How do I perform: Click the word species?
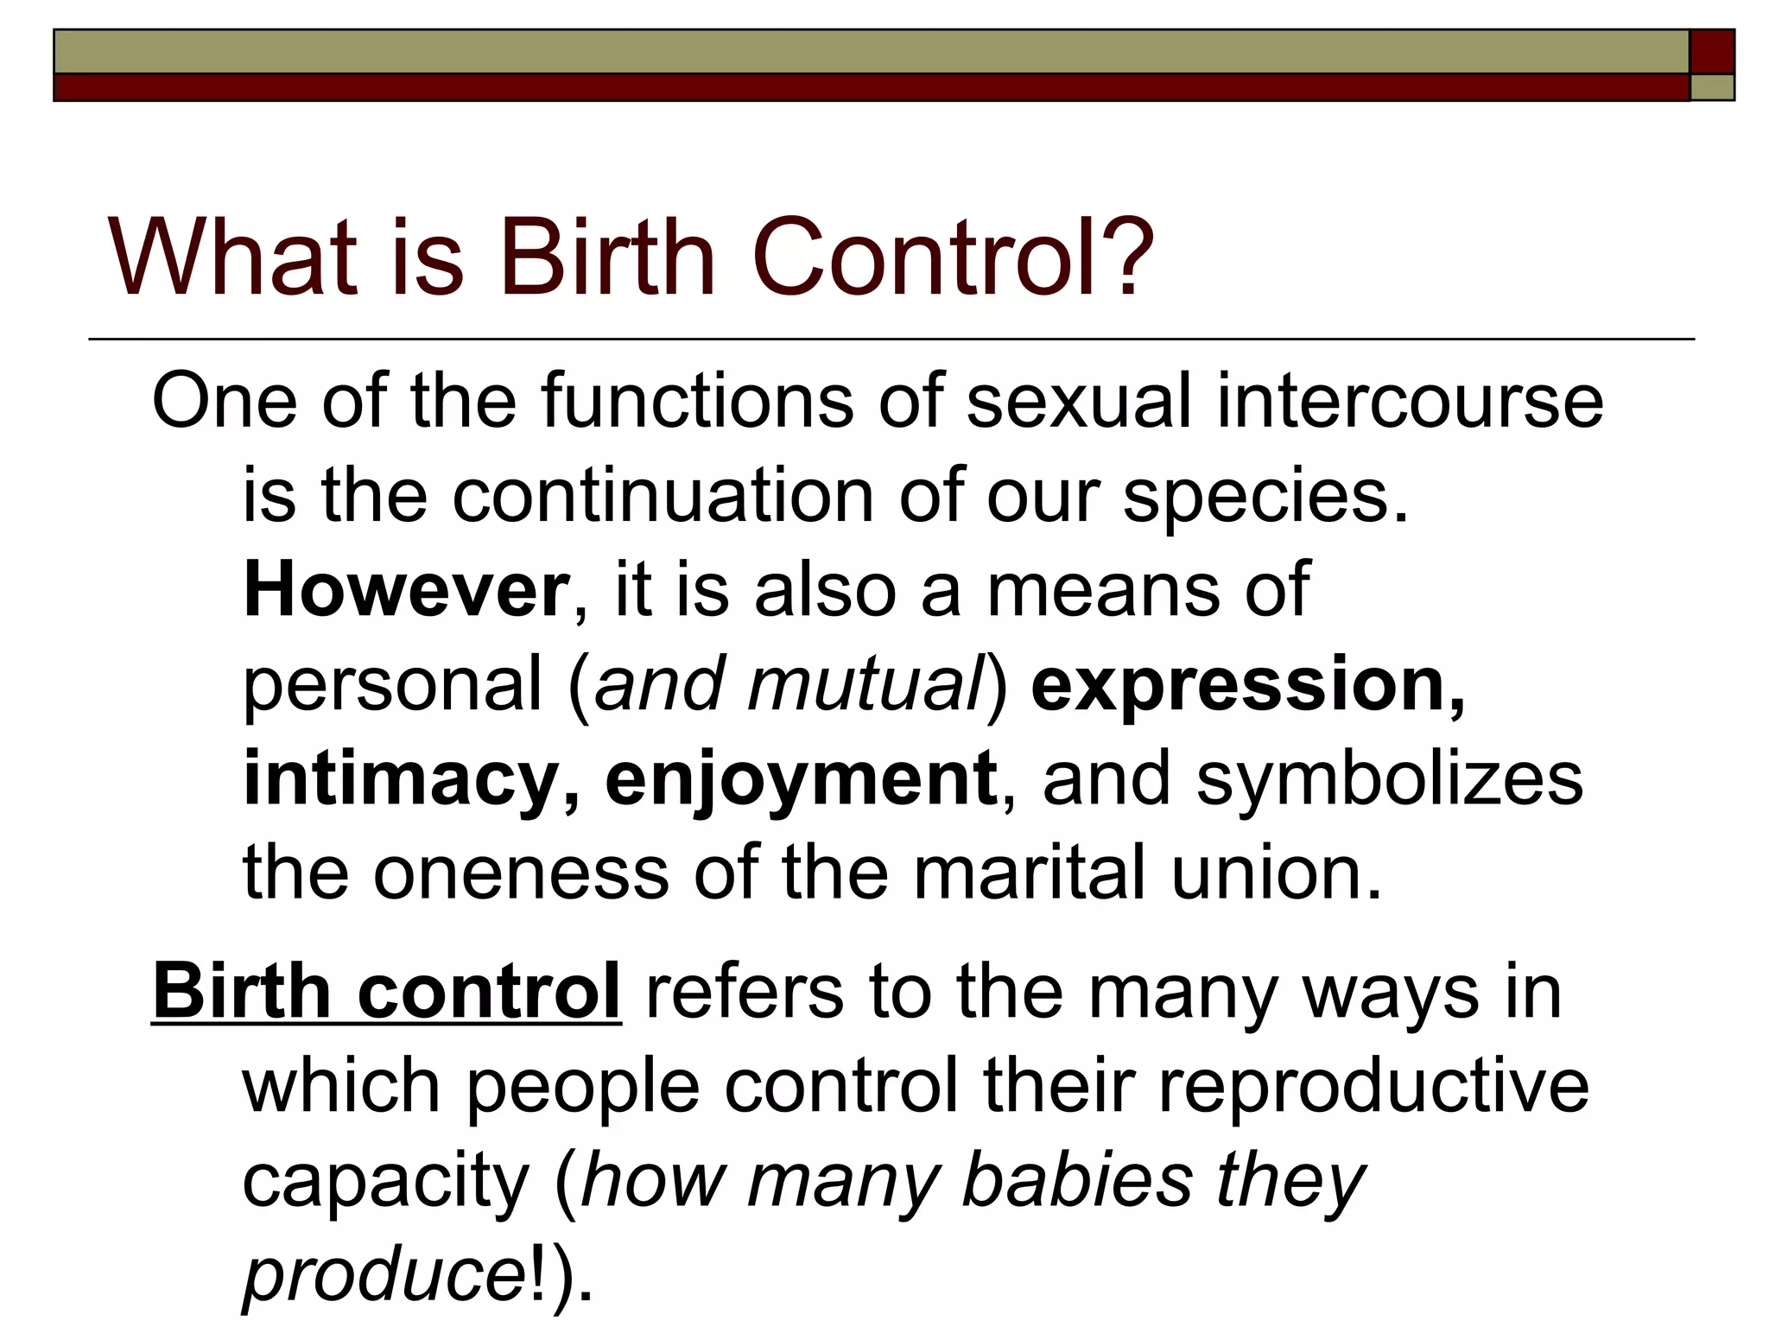(1265, 496)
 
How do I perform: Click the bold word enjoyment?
(800, 779)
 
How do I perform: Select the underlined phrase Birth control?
(386, 991)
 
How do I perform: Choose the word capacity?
(385, 1180)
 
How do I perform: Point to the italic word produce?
(380, 1275)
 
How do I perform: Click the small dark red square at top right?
(1712, 51)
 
